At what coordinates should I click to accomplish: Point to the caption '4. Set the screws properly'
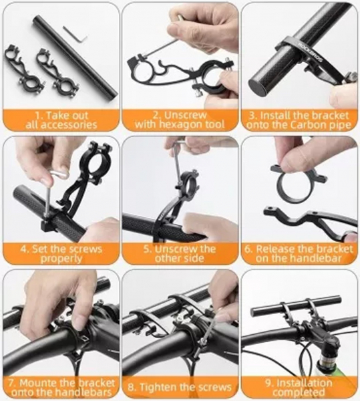(x=59, y=253)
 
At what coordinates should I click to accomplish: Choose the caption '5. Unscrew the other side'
(x=179, y=253)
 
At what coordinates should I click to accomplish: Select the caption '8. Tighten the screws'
(x=179, y=387)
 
